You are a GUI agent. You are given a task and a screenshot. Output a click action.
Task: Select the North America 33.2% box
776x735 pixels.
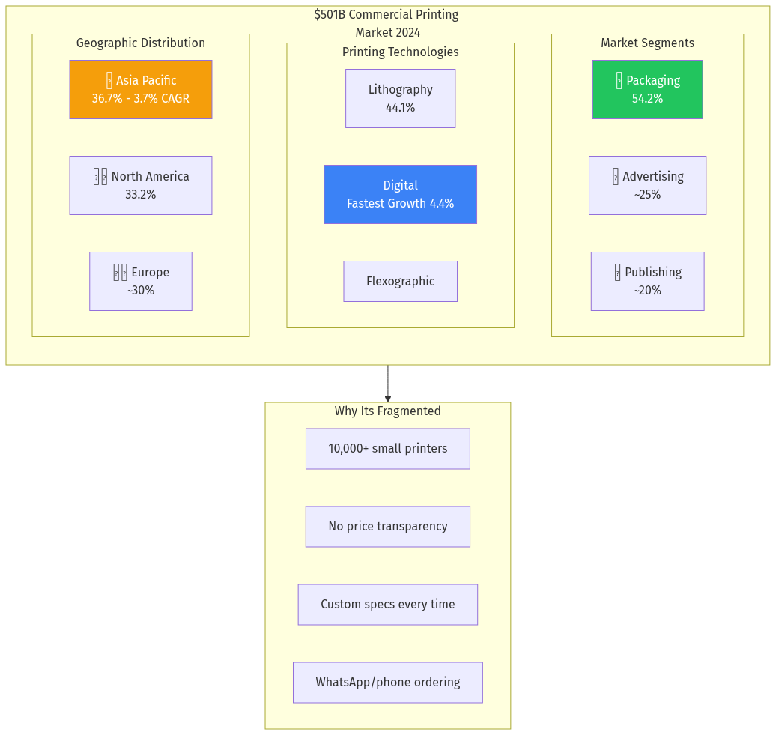(x=140, y=185)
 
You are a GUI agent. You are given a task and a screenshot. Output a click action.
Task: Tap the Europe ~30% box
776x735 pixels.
(x=140, y=281)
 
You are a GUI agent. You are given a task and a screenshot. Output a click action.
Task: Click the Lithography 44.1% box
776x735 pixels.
(x=400, y=98)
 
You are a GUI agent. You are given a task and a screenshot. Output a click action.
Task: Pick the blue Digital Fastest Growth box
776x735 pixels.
(x=400, y=194)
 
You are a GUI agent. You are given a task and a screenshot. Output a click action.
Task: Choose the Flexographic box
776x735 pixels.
(x=400, y=281)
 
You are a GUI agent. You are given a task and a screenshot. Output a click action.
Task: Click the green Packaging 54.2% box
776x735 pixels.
(x=647, y=89)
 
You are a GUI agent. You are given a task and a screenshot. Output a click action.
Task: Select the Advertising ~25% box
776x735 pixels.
(x=647, y=185)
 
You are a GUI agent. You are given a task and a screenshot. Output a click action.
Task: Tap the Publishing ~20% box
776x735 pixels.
(x=647, y=281)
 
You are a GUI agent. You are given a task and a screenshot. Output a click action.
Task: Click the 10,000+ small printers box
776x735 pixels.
(x=387, y=449)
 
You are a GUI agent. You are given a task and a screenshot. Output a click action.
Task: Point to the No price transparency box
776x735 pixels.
(x=387, y=527)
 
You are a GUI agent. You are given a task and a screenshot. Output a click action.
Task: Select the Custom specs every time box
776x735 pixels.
(x=387, y=605)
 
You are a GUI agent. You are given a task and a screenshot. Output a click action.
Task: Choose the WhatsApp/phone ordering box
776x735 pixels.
(x=387, y=683)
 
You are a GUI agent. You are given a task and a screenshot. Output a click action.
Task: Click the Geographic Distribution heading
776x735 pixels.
(x=140, y=43)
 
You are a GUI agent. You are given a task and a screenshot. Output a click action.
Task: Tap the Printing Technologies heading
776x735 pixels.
(x=400, y=52)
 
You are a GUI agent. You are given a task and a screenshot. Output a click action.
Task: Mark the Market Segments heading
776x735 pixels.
(x=647, y=43)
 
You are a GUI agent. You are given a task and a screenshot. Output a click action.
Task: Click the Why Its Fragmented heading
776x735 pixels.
(x=387, y=411)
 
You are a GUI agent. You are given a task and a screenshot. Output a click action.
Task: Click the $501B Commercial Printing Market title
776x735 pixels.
(x=387, y=23)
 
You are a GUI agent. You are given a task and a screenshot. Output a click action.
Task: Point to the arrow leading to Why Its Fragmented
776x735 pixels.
(x=388, y=384)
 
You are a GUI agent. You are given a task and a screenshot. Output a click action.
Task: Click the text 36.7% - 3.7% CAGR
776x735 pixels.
(x=140, y=99)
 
